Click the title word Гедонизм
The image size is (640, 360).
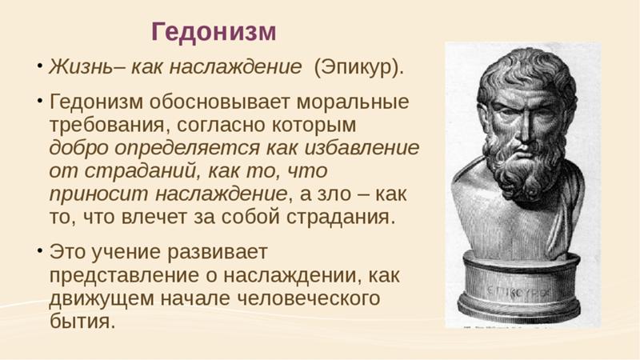[x=214, y=32]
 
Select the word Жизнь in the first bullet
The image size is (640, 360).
[x=80, y=67]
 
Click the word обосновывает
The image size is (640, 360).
[x=219, y=102]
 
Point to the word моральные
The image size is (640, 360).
[x=353, y=102]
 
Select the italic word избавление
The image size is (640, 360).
[x=362, y=148]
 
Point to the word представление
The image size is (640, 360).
[x=125, y=276]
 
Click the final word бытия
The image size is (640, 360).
[x=82, y=322]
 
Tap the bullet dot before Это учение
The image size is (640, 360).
[x=39, y=249]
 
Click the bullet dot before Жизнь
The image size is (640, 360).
[x=39, y=65]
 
